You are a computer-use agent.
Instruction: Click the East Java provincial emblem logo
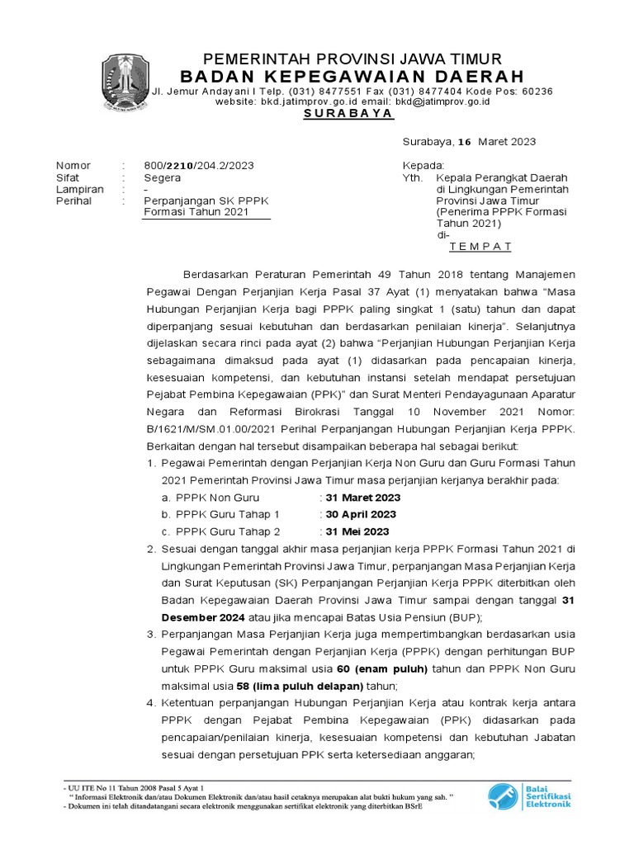click(x=126, y=83)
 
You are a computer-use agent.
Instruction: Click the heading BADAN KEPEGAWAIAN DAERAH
click(x=352, y=77)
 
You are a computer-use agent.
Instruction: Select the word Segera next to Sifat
click(x=163, y=177)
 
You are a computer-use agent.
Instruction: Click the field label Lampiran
click(x=79, y=189)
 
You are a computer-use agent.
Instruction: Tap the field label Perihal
click(x=73, y=201)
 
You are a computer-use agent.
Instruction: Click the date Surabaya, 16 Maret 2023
click(x=469, y=141)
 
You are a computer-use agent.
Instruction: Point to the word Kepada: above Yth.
click(x=423, y=165)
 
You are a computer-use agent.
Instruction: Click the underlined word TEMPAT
click(x=480, y=246)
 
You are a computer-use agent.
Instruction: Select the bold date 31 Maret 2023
click(x=362, y=498)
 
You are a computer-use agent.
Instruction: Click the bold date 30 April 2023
click(x=361, y=514)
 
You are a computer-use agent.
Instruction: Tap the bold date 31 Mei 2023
click(x=357, y=531)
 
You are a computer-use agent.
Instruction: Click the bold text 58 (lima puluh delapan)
click(x=300, y=686)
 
